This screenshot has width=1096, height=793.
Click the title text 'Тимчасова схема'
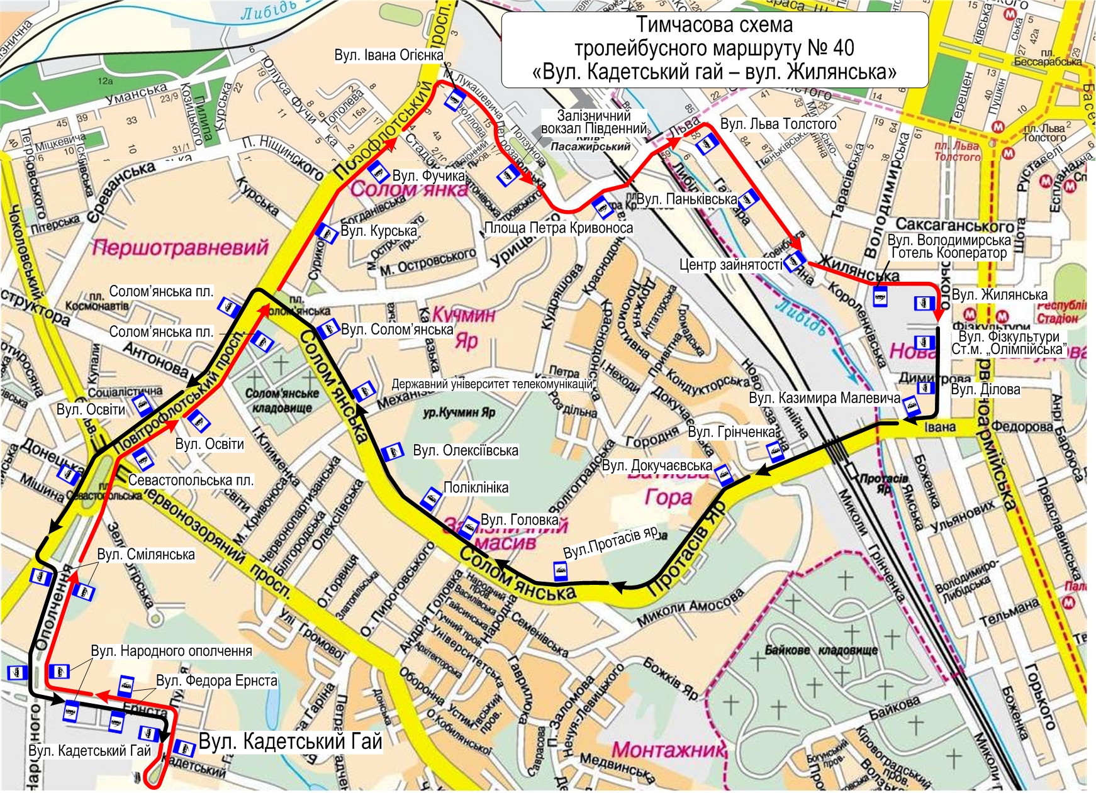714,26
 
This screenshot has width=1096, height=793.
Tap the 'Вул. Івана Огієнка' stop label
388,55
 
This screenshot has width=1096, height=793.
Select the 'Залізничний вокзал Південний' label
593,122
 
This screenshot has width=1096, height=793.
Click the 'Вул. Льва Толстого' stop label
778,124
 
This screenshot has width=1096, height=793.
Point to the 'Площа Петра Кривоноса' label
558,228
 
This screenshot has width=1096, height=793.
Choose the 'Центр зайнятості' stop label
730,265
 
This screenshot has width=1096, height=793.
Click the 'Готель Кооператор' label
949,253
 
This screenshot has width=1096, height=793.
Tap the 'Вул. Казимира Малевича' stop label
824,398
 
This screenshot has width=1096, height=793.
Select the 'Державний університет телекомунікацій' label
492,384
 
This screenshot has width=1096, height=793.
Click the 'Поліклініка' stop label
476,487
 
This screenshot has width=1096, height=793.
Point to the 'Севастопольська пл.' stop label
191,480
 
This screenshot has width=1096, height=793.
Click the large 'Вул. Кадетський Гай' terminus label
290,741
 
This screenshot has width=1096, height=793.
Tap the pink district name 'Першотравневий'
180,248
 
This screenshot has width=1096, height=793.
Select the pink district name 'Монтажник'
668,750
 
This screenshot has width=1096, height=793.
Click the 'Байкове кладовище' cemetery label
821,650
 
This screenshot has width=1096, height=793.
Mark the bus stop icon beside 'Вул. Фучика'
377,171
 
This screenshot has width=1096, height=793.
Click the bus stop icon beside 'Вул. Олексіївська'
393,452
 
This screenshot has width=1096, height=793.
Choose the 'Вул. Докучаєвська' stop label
657,465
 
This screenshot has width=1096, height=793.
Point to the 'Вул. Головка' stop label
519,520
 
